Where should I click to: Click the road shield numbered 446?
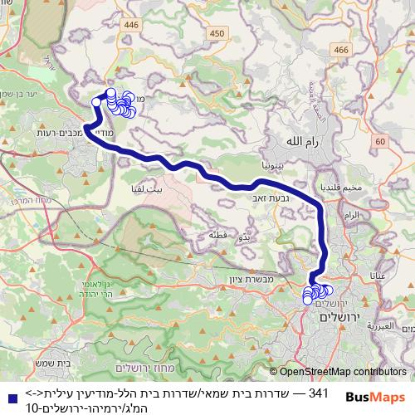point(131,26)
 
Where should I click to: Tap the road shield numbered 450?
point(217,33)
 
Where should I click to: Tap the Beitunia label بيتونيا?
point(275,166)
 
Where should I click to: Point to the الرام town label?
point(352,215)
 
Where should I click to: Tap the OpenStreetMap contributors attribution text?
point(343,372)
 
